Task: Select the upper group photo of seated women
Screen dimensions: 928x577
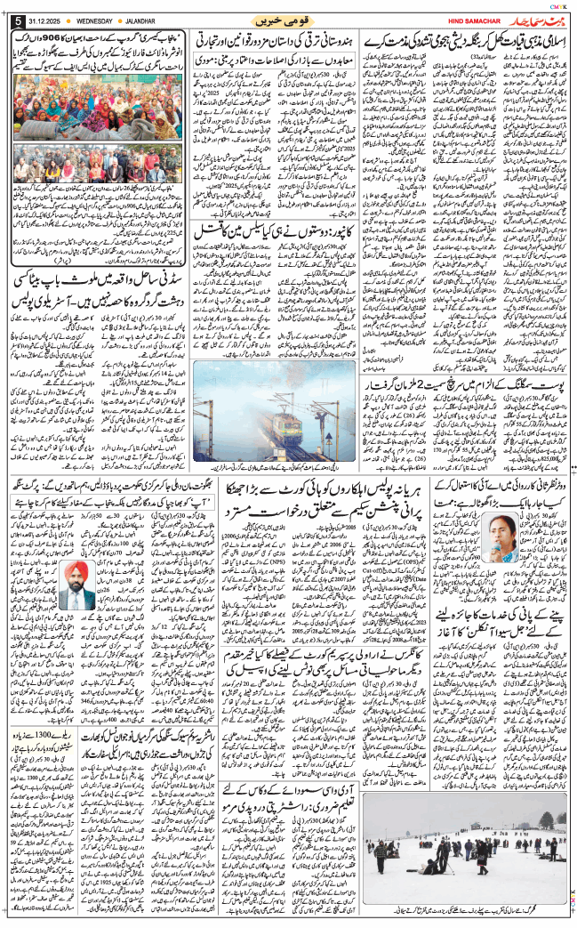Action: click(98, 114)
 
